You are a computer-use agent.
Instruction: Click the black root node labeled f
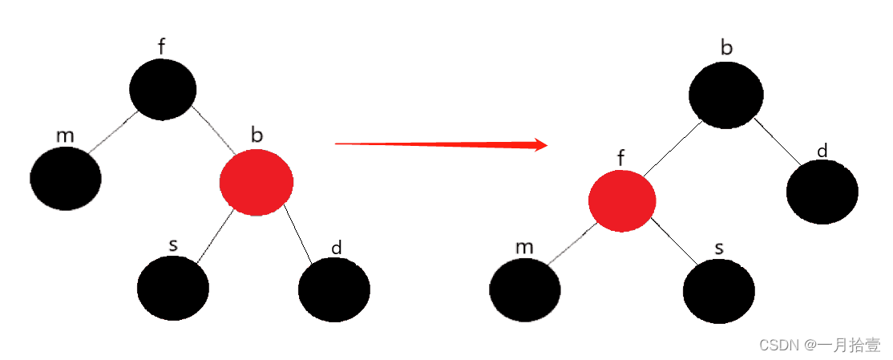pyautogui.click(x=163, y=90)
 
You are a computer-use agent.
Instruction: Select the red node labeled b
pyautogui.click(x=257, y=182)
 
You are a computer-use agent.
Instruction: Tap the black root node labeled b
pyautogui.click(x=726, y=95)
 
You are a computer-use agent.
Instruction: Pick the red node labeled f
pyautogui.click(x=622, y=200)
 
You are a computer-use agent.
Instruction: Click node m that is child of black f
pyautogui.click(x=66, y=178)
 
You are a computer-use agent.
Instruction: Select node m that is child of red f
pyautogui.click(x=525, y=290)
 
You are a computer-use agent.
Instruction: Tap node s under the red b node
pyautogui.click(x=173, y=288)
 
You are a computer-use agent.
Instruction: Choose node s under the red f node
pyautogui.click(x=719, y=290)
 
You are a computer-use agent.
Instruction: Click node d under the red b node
pyautogui.click(x=334, y=289)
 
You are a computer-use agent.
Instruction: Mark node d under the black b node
pyautogui.click(x=822, y=192)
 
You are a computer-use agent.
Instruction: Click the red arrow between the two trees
pyautogui.click(x=442, y=144)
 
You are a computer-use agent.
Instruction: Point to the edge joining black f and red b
pyautogui.click(x=213, y=130)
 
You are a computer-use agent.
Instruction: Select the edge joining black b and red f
pyautogui.click(x=672, y=148)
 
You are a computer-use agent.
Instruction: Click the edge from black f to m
pyautogui.click(x=113, y=131)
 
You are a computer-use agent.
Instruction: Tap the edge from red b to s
pyautogui.click(x=216, y=236)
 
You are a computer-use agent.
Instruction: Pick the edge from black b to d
pyautogui.click(x=778, y=142)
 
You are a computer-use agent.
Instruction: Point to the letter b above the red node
pyautogui.click(x=257, y=135)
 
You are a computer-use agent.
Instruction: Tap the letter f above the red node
pyautogui.click(x=622, y=158)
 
